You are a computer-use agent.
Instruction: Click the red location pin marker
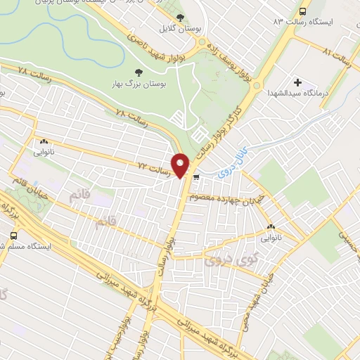[x=181, y=165]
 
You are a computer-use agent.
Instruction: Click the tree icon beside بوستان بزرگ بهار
[x=138, y=72]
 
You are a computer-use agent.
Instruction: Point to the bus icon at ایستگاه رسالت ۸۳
[x=303, y=11]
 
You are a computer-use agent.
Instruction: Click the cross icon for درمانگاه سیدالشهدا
[x=299, y=83]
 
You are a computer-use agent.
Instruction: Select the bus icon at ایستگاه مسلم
[x=13, y=236]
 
